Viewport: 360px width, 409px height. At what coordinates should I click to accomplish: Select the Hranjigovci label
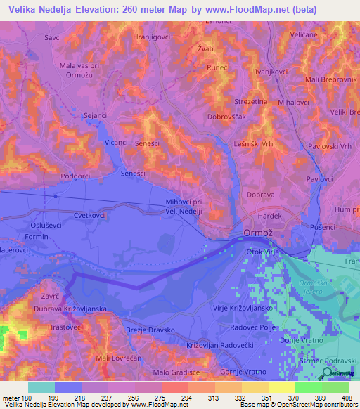[152, 36]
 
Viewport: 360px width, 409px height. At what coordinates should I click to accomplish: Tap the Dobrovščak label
[226, 117]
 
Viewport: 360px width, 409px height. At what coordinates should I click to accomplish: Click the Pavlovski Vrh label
[330, 145]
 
